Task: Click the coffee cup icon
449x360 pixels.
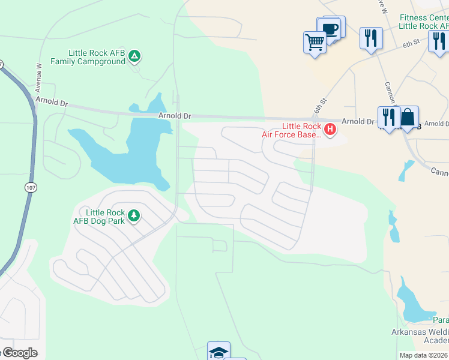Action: coord(330,29)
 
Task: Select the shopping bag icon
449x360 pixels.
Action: coord(408,117)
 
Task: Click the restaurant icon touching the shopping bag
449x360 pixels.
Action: coord(388,117)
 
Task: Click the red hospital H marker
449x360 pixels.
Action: coord(330,128)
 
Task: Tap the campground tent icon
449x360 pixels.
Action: coord(135,57)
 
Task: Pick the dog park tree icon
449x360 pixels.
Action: coord(134,215)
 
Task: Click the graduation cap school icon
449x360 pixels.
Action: coord(219,352)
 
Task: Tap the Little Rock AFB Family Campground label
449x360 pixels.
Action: coord(88,57)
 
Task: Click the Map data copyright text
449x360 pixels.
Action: coord(423,355)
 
